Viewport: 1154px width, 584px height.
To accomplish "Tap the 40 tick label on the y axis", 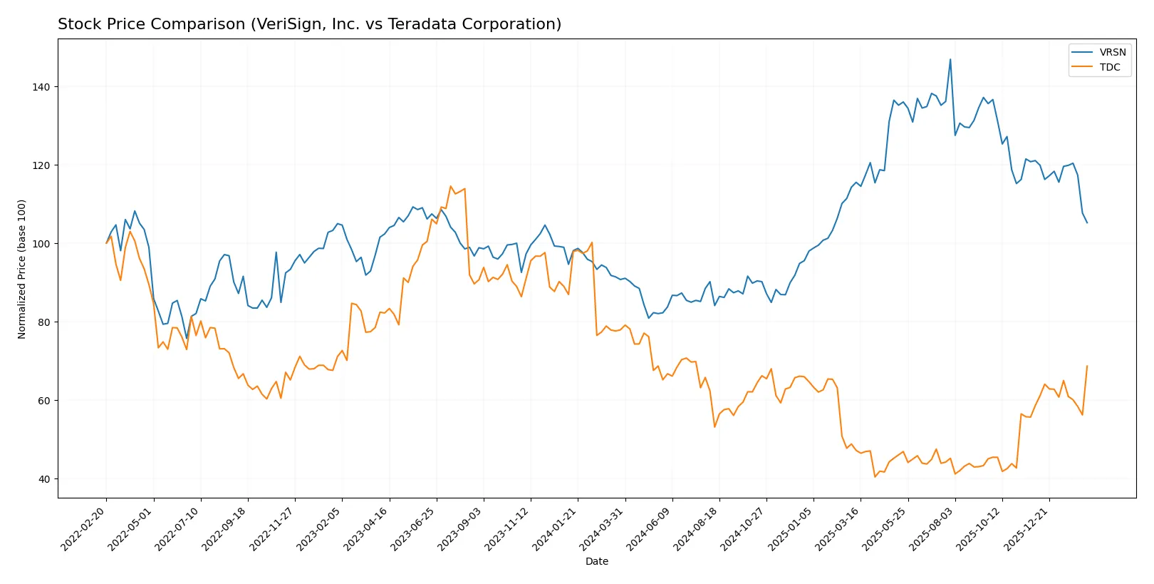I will pos(43,479).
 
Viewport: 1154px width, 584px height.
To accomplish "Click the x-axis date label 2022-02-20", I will pos(85,528).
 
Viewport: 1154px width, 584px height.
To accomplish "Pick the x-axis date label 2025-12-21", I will pos(1027,528).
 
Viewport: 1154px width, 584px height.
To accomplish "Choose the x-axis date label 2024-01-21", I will pos(556,528).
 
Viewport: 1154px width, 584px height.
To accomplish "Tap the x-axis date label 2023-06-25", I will pos(415,528).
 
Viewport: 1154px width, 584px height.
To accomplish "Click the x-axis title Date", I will pos(596,561).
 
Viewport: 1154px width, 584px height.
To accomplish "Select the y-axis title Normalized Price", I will pos(22,269).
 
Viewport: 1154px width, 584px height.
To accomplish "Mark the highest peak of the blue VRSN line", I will pos(950,59).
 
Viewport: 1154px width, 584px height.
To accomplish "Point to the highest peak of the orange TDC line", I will pos(451,187).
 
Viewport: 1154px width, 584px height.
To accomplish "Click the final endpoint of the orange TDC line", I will pos(1087,366).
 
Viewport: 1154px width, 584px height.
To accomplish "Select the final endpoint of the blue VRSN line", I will pos(1087,223).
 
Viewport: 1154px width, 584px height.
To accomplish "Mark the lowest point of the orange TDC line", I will pos(875,476).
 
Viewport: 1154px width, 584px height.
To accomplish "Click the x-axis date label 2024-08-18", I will pos(697,528).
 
